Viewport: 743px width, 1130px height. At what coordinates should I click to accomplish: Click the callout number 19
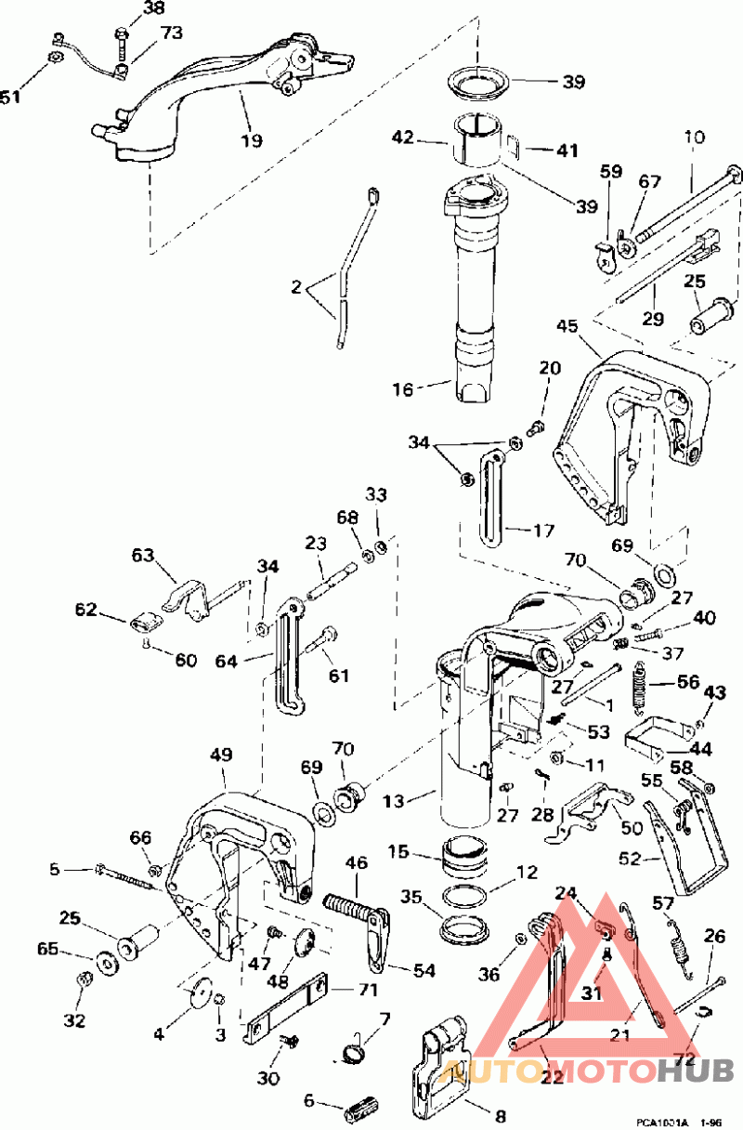(251, 140)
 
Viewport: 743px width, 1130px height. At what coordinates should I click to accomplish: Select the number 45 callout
(567, 325)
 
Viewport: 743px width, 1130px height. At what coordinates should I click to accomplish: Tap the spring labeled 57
(682, 950)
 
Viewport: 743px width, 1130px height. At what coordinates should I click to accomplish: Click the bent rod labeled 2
(350, 269)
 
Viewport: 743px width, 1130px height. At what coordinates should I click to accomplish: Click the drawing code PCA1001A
(662, 1122)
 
